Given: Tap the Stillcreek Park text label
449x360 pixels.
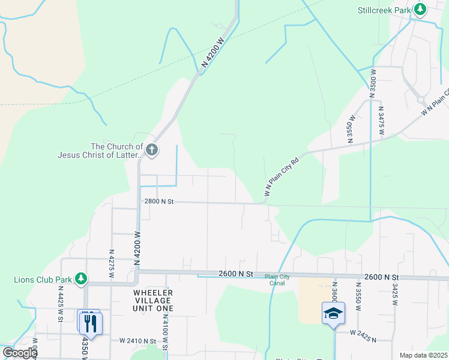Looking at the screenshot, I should click(x=384, y=10).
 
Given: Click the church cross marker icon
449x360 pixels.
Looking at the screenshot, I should click(x=152, y=149).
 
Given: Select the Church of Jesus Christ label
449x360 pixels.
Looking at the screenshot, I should click(x=100, y=150).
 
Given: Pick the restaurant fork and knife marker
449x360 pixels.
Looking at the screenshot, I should click(x=90, y=323).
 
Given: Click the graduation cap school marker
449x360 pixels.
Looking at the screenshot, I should click(x=333, y=314).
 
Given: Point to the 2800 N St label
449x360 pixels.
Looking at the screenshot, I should click(x=158, y=202).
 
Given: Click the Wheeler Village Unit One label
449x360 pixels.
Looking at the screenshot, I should click(x=152, y=300).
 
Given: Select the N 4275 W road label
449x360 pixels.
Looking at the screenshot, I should click(x=112, y=264).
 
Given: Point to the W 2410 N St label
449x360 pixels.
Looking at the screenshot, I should click(x=137, y=341).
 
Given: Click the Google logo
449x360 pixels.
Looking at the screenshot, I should click(x=19, y=353).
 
